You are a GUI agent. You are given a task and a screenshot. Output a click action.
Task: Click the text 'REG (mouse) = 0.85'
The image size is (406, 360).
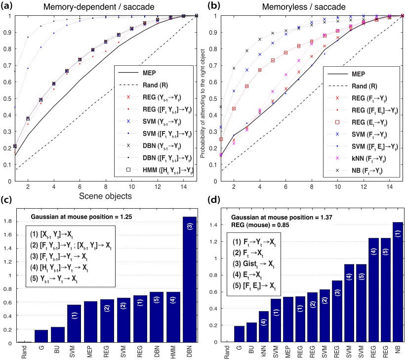click(263, 221)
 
